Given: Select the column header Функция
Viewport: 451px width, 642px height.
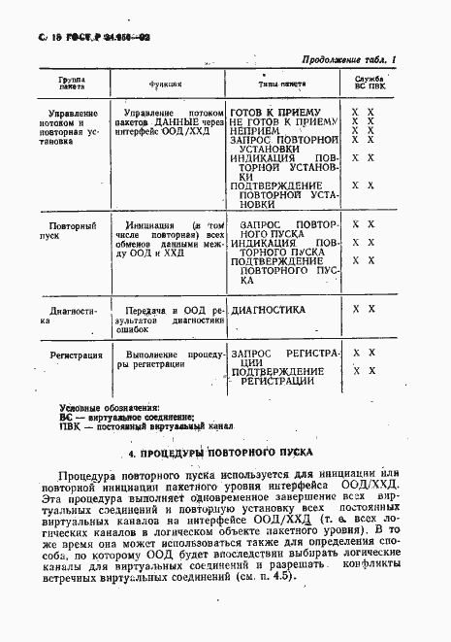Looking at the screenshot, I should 160,83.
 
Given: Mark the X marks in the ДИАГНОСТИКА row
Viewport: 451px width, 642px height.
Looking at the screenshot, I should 364,309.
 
